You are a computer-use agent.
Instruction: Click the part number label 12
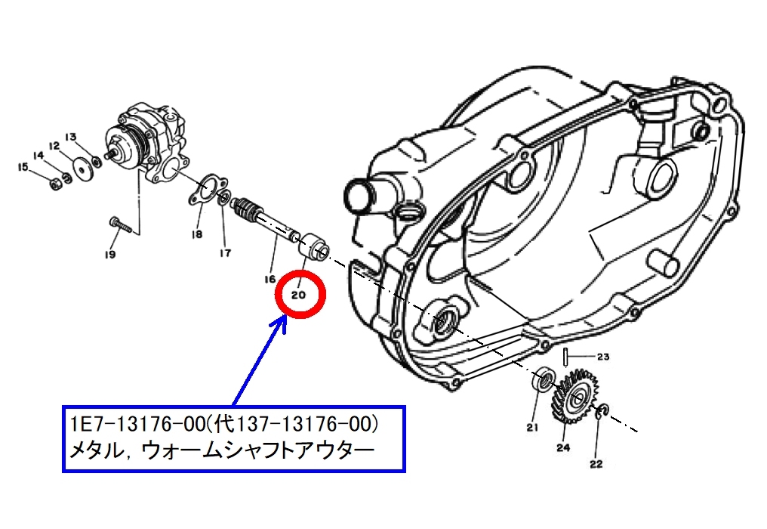click(54, 146)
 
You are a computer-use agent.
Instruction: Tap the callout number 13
click(71, 136)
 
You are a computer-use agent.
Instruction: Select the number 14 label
click(39, 155)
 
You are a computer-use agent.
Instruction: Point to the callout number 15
click(23, 167)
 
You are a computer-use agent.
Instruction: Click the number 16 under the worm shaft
click(270, 279)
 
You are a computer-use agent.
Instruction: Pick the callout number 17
click(225, 253)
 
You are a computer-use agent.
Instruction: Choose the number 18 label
click(196, 234)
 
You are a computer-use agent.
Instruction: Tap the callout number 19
click(110, 255)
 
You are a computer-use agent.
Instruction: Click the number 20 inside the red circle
click(298, 295)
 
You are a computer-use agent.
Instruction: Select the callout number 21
click(532, 427)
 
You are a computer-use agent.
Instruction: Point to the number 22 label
click(596, 463)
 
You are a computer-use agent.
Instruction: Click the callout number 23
click(603, 357)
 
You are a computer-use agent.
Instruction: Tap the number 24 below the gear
click(563, 447)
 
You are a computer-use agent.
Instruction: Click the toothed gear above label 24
click(576, 396)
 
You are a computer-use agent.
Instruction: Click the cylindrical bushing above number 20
click(313, 249)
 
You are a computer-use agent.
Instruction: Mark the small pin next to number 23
click(565, 356)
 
